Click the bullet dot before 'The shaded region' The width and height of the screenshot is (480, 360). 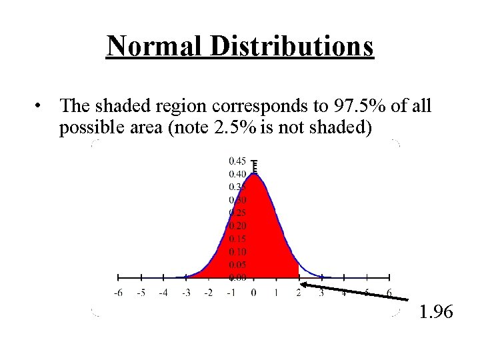click(41, 106)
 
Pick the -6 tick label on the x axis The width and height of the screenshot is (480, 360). click(118, 292)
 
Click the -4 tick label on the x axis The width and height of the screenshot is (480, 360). click(163, 292)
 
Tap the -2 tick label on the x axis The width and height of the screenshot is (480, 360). click(208, 292)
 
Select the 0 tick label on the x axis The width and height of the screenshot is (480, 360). click(254, 292)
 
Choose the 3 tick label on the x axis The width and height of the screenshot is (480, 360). click(322, 292)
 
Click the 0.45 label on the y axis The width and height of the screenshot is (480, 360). click(238, 161)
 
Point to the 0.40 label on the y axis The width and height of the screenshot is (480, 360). click(238, 174)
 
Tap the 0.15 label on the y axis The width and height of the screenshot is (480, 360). click(238, 239)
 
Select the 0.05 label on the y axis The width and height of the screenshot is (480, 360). click(238, 265)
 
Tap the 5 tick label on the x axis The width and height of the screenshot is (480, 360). click(367, 292)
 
